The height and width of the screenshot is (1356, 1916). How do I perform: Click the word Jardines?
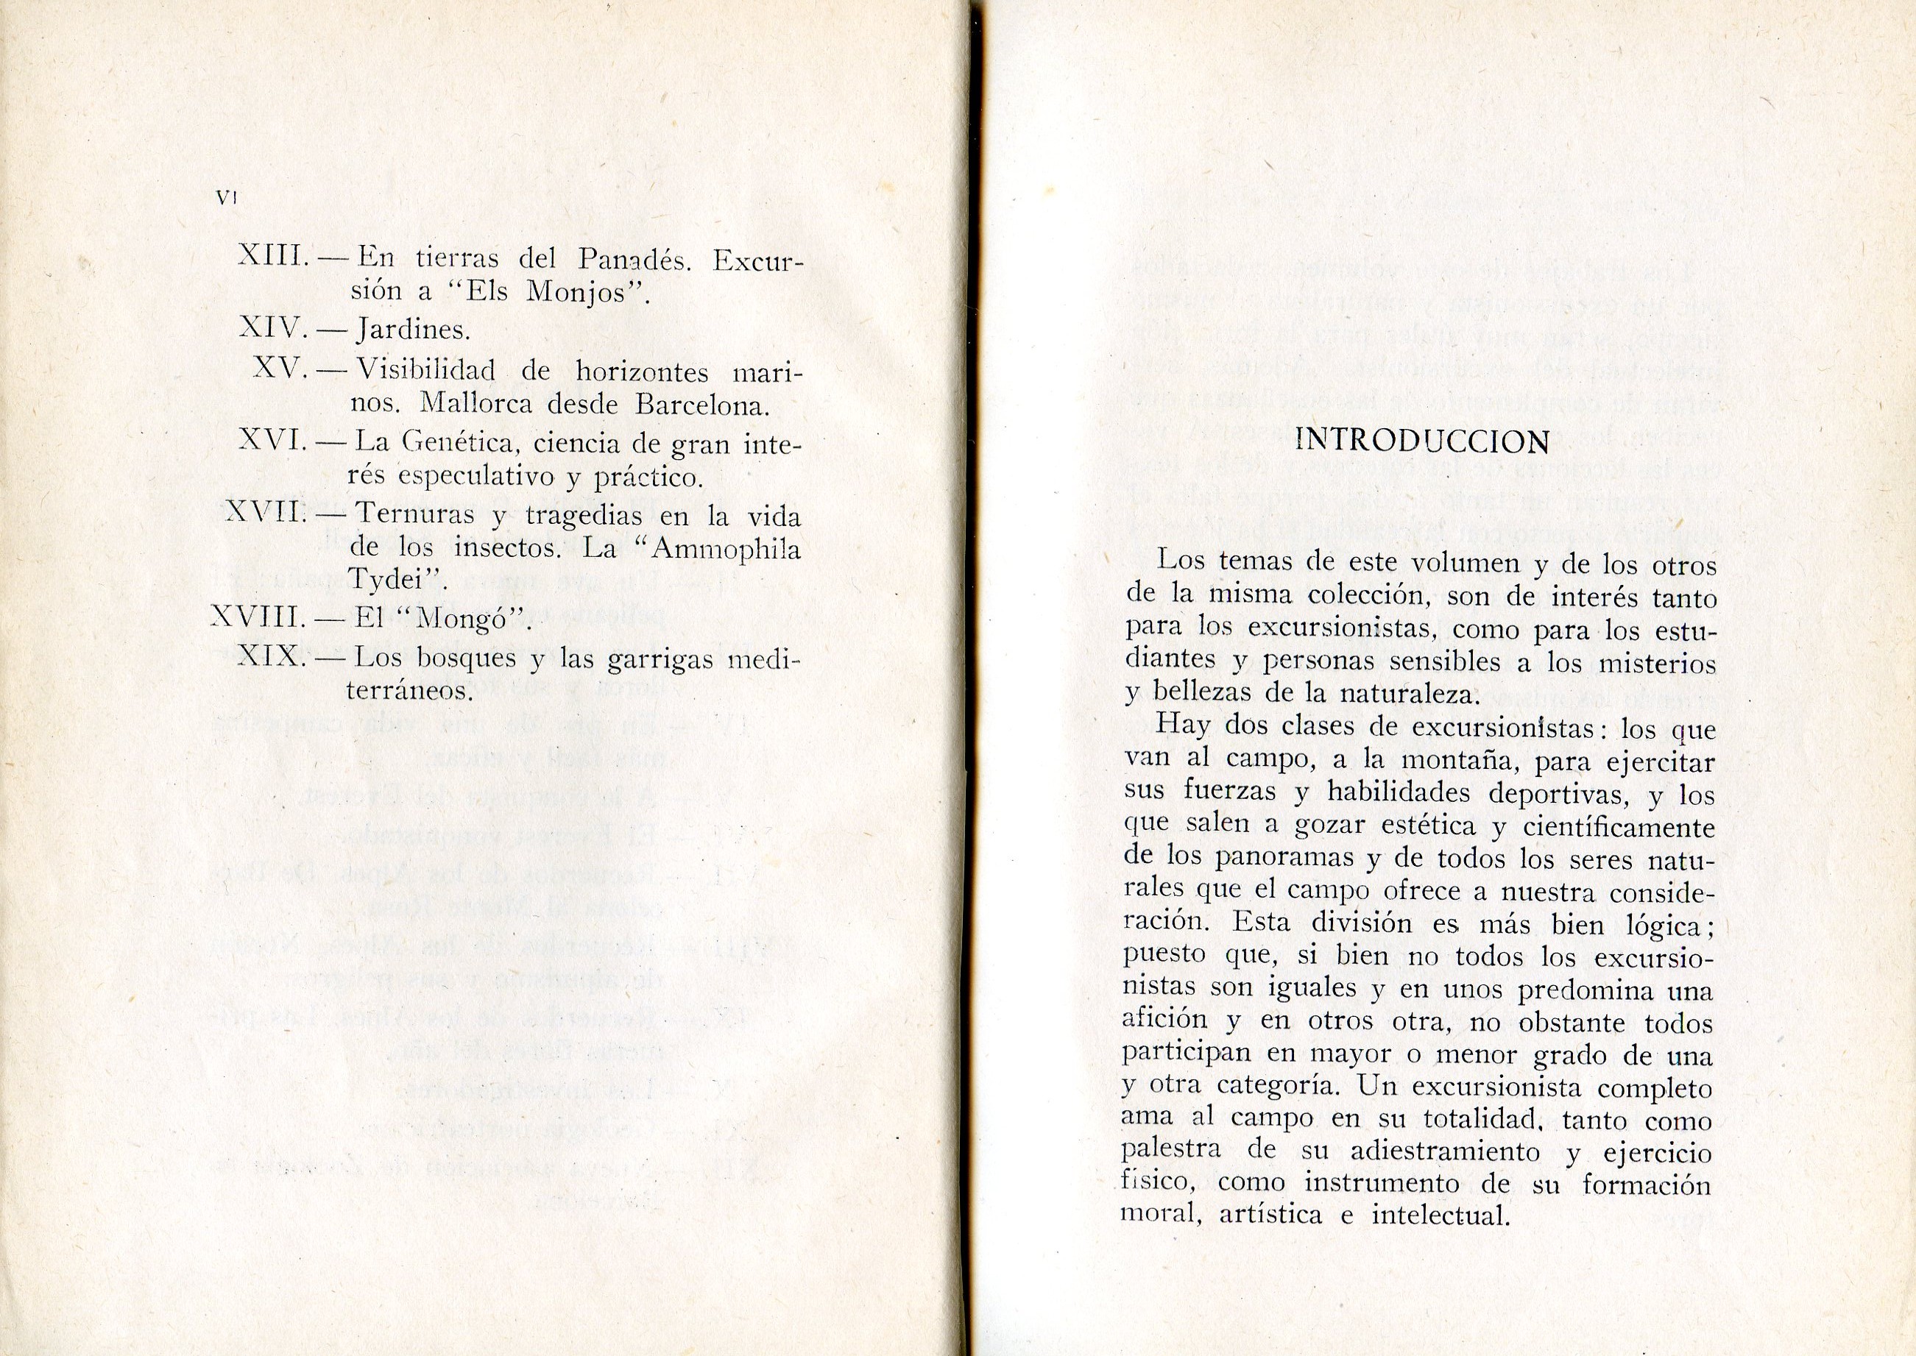pyautogui.click(x=413, y=330)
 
